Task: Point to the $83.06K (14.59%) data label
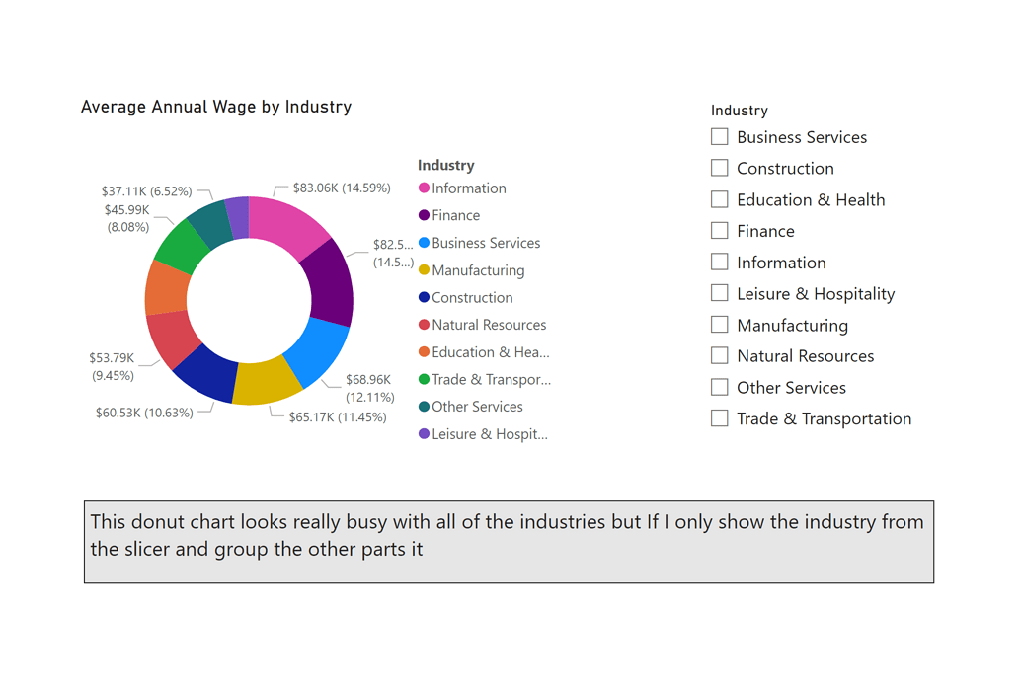342,188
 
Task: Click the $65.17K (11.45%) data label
337,417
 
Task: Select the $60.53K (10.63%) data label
144,413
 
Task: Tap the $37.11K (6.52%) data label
146,191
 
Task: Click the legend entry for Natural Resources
488,325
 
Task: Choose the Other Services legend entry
477,407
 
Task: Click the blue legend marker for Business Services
425,243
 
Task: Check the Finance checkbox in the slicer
720,231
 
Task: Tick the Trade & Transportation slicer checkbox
720,418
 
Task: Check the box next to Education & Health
720,199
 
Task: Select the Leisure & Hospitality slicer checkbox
720,293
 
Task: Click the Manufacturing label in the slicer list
792,325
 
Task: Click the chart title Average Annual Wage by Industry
216,107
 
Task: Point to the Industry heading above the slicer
739,111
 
